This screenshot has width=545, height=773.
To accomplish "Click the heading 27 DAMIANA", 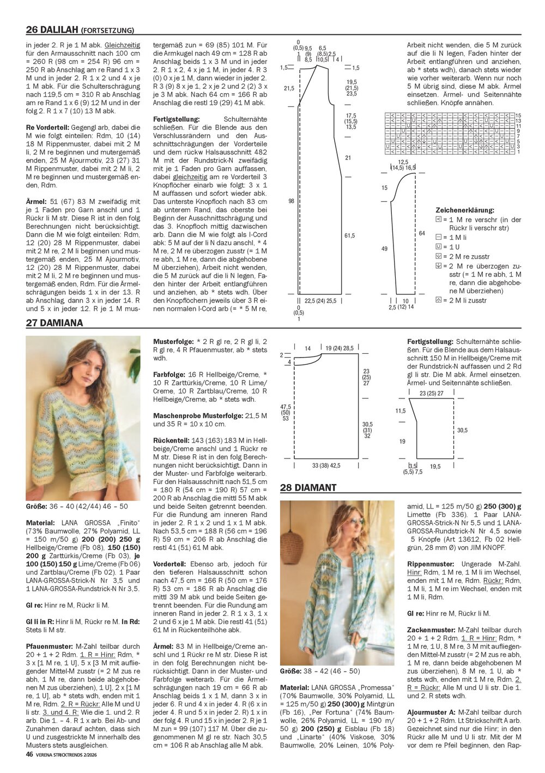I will click(x=55, y=323).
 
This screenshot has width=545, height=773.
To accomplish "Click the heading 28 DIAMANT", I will click(x=308, y=488).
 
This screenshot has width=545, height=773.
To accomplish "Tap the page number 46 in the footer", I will click(x=29, y=754).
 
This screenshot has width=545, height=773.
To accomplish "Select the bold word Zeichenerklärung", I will click(x=465, y=210).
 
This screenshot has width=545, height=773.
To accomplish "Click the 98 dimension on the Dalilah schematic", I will click(x=291, y=201).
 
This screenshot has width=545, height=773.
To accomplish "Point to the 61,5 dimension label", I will click(x=349, y=235).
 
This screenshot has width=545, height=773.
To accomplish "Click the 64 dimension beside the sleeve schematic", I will click(x=422, y=233).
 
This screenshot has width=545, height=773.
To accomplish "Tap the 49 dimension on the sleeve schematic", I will click(x=384, y=249).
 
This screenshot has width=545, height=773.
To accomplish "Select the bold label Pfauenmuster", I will click(x=50, y=647).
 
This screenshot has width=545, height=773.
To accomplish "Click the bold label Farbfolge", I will click(x=169, y=375).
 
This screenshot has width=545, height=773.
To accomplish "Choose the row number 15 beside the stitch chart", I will click(x=518, y=116).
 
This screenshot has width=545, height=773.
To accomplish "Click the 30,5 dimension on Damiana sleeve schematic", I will click(x=462, y=430).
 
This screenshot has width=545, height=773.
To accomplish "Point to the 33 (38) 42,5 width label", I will click(x=326, y=466).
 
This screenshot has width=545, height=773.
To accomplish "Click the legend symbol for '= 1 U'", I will click(x=439, y=247).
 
